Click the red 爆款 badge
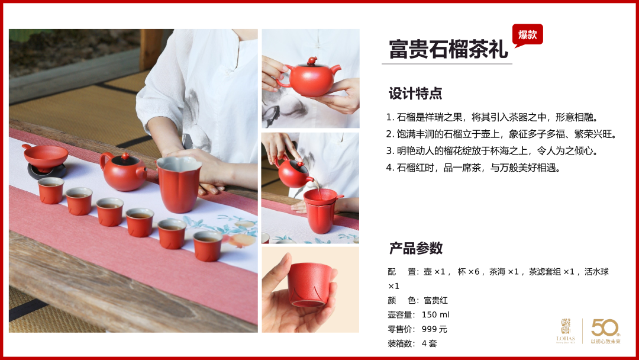coord(527,35)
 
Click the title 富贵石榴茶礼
coord(448,49)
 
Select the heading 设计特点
coord(415,94)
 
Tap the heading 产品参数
coord(416,248)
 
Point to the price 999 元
coord(434,329)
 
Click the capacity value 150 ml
coord(435,315)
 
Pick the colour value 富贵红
coord(435,300)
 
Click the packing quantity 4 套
coord(429,343)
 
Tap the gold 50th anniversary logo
coord(606,331)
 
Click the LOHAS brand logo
coord(566,331)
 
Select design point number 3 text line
coord(493,151)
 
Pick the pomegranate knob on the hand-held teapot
coord(312,61)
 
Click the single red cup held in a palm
coord(309,285)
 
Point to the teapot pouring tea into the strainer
coord(293,173)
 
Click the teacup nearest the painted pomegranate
coord(208,246)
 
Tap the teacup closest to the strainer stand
coord(51,191)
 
